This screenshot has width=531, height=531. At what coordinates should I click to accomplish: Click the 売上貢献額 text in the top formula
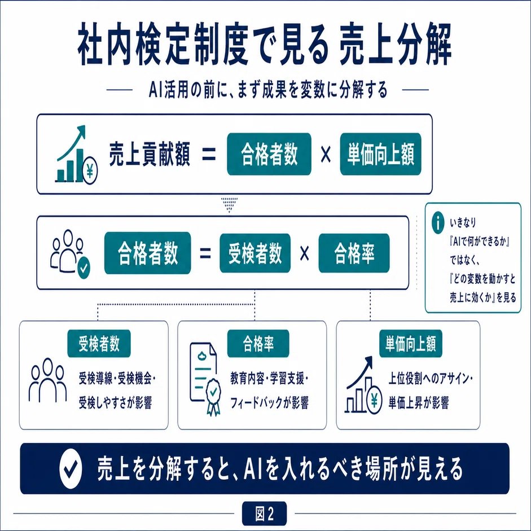click(x=150, y=155)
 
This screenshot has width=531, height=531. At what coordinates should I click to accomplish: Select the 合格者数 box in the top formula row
click(x=269, y=154)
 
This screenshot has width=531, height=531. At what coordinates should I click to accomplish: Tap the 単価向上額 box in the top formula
click(x=381, y=154)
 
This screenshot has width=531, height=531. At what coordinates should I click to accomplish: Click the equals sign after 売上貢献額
click(x=209, y=155)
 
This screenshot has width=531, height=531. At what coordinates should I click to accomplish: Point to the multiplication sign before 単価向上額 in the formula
click(x=326, y=155)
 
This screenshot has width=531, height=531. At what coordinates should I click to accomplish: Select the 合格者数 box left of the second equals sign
click(x=147, y=253)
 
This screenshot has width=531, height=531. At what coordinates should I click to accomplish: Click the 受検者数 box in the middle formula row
click(x=255, y=253)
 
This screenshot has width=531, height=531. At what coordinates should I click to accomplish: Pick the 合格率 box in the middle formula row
click(x=354, y=253)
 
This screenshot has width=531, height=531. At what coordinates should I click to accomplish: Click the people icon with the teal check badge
click(x=71, y=252)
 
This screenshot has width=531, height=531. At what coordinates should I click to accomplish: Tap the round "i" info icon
click(x=438, y=223)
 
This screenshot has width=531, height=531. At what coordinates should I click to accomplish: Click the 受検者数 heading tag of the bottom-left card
click(x=99, y=344)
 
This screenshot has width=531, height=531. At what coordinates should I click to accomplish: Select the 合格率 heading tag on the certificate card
click(x=258, y=344)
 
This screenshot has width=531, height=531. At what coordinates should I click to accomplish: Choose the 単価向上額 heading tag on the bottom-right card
click(x=410, y=344)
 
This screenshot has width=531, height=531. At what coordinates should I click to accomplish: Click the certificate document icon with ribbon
click(x=205, y=379)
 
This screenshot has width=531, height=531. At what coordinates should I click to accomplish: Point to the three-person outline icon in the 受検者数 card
click(x=47, y=380)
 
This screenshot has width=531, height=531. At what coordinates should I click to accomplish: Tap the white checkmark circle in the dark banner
click(x=71, y=469)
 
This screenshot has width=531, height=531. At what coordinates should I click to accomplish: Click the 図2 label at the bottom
click(x=265, y=514)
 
